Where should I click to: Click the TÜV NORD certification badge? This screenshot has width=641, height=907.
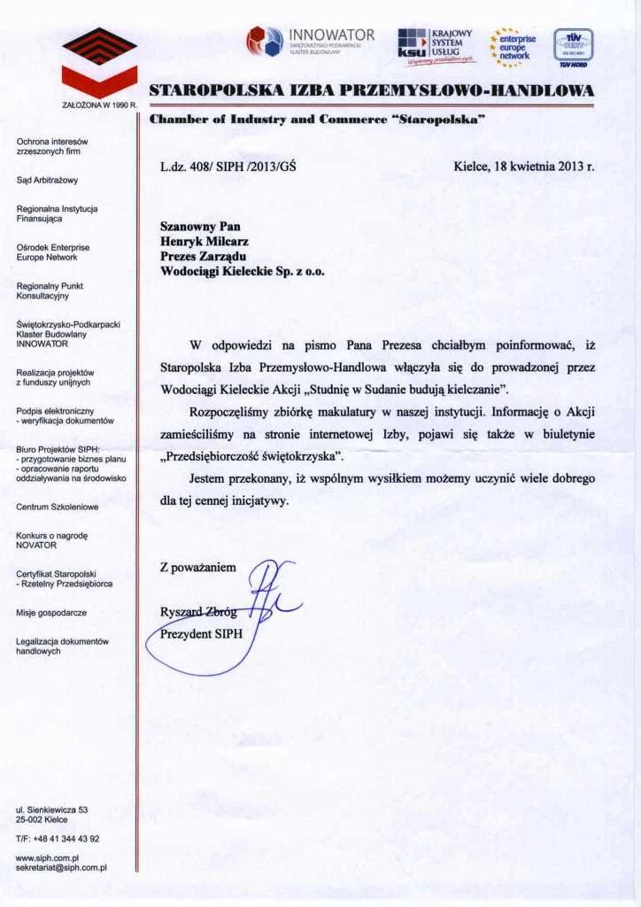tap(573, 46)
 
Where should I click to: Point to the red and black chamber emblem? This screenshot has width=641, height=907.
tap(99, 62)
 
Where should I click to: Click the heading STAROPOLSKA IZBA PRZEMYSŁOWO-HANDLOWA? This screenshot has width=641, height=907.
tap(372, 89)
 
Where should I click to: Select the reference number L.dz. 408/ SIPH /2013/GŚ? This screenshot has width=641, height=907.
tap(228, 166)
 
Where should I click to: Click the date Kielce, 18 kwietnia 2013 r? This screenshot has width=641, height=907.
tap(523, 166)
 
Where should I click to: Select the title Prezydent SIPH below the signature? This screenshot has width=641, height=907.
tap(201, 634)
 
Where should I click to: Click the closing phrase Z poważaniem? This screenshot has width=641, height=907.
tap(198, 567)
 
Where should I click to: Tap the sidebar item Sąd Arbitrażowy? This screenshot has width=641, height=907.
tap(47, 181)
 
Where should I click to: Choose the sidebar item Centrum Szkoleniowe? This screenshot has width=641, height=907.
tap(57, 508)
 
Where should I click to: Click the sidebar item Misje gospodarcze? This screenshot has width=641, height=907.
tap(51, 612)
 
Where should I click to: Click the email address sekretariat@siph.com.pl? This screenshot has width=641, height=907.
tap(61, 869)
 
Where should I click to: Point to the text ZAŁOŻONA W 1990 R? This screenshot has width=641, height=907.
tap(97, 105)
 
